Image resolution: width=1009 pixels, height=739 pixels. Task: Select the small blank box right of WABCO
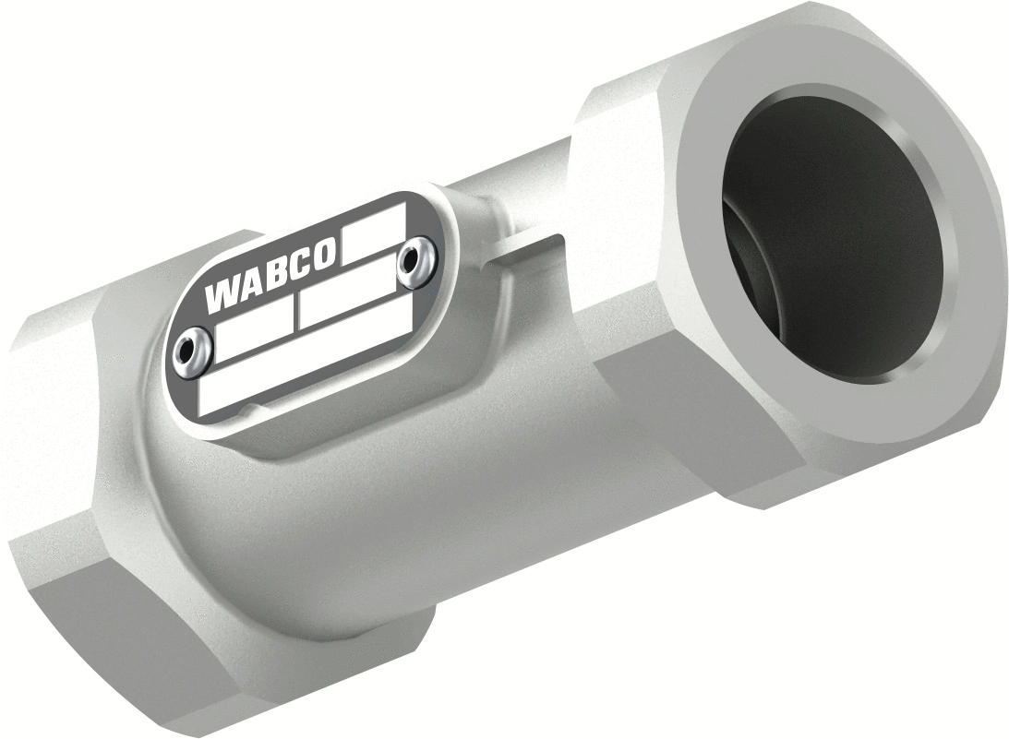373,232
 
